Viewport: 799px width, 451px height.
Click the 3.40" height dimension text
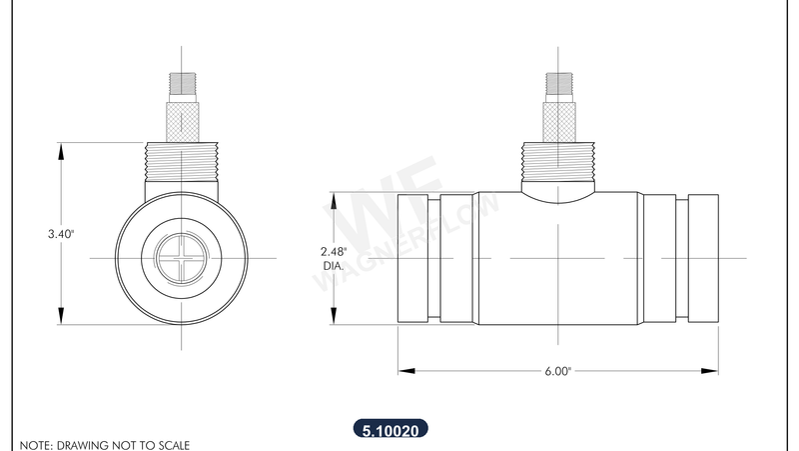point(61,233)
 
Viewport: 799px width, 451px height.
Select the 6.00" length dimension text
point(557,371)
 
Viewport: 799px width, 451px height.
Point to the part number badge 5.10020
point(392,432)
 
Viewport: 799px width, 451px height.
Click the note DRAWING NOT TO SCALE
point(105,444)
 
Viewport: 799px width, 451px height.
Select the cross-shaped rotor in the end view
point(183,258)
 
